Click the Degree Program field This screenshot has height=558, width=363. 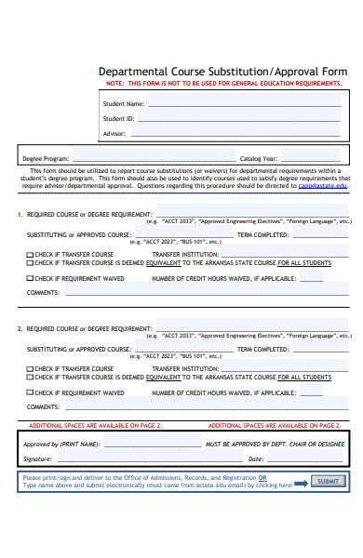pyautogui.click(x=149, y=158)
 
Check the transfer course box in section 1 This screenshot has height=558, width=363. pyautogui.click(x=29, y=254)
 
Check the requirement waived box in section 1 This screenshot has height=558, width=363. pyautogui.click(x=29, y=278)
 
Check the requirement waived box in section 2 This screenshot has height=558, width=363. pyautogui.click(x=29, y=392)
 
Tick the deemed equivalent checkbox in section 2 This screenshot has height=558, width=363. pyautogui.click(x=29, y=378)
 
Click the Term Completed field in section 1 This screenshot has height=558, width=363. pyautogui.click(x=321, y=234)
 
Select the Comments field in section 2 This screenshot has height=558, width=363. pyautogui.click(x=205, y=406)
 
